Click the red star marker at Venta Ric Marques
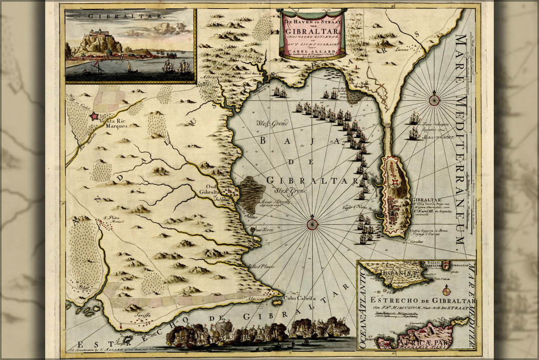coord(94,116)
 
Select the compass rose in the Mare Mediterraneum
coord(434,100)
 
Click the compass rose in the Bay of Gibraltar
coord(312,224)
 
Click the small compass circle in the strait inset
coord(445,290)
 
